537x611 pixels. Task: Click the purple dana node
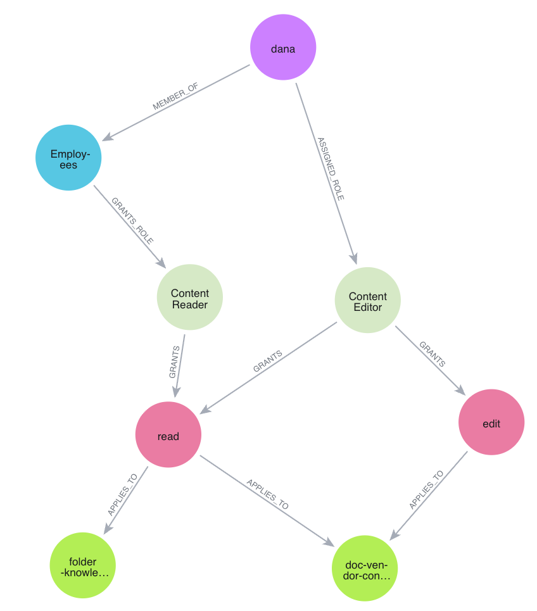(282, 48)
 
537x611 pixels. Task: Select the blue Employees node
(68, 158)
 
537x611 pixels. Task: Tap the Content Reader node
(189, 298)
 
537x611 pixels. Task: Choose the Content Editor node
(367, 300)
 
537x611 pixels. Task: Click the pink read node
(168, 435)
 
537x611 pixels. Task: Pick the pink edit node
(491, 422)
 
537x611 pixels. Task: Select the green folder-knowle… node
(83, 565)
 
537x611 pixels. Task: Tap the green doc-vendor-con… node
(364, 567)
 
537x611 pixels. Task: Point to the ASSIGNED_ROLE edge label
(330, 169)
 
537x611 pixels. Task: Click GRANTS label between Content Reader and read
(175, 362)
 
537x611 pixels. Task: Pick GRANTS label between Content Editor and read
(267, 362)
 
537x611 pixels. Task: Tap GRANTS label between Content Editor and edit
(432, 355)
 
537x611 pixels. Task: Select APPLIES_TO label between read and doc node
(267, 493)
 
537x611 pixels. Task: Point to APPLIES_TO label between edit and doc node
(426, 490)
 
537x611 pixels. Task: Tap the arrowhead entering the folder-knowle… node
(105, 531)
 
